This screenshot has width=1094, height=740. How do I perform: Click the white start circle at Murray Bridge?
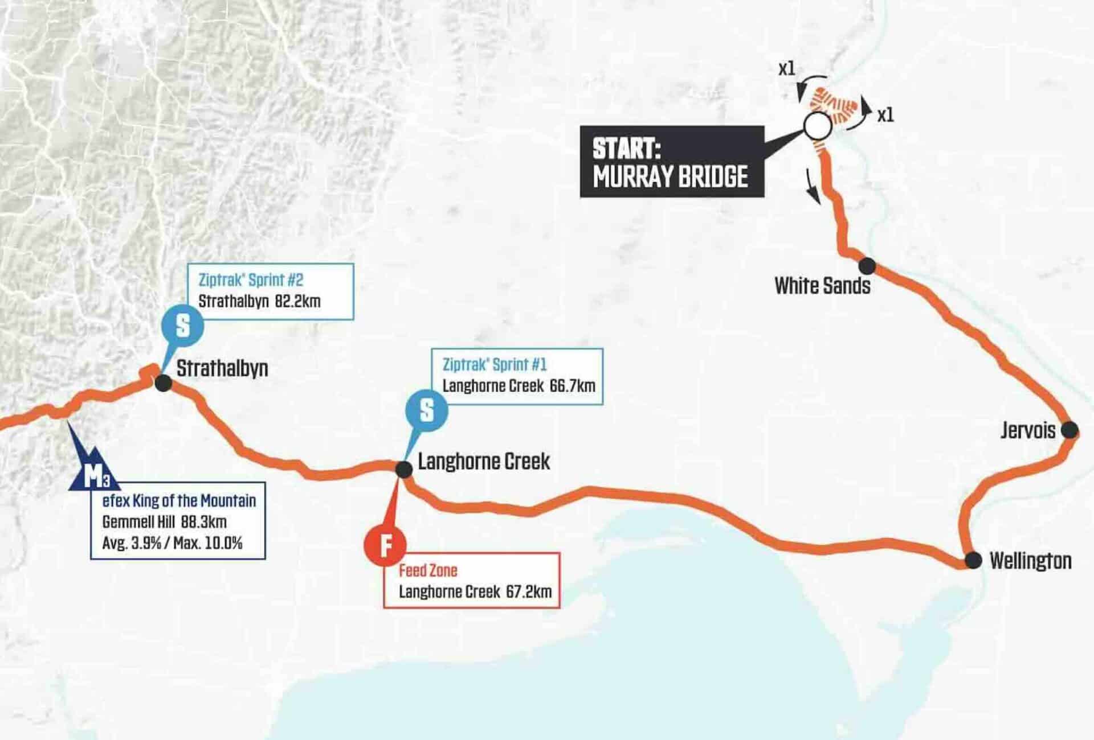pos(817,126)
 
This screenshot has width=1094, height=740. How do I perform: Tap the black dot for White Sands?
pos(867,265)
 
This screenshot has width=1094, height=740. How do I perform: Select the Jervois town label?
pos(1028,430)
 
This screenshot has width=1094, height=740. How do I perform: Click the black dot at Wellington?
pos(973,561)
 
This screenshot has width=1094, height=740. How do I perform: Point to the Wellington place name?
pos(1030,561)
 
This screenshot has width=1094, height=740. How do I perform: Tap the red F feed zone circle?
pos(385,545)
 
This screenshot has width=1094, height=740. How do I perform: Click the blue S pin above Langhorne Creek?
pos(426,410)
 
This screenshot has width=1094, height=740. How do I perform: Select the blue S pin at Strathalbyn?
pos(182,326)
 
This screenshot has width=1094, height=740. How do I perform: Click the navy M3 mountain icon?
pos(95,472)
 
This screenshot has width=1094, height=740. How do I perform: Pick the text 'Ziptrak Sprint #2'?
pos(251,280)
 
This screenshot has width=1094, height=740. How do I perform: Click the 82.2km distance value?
pos(297,301)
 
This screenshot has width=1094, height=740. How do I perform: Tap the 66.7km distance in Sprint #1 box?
pos(572,386)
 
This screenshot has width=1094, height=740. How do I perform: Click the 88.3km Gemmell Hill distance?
pos(203,522)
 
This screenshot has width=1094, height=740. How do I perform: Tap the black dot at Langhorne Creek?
pos(403,470)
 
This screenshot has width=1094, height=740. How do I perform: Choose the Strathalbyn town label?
pos(222,368)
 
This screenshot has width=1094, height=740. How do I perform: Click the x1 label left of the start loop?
pos(786,69)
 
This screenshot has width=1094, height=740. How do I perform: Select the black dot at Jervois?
pos(1069,430)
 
